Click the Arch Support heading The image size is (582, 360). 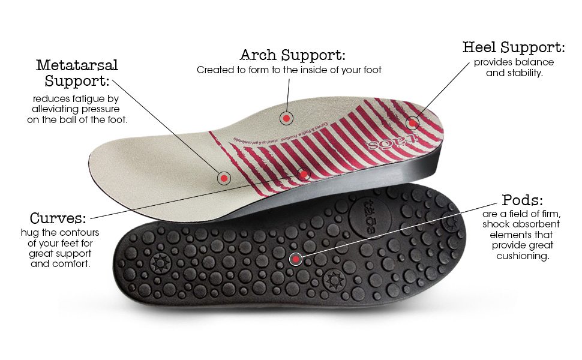coord(292,55)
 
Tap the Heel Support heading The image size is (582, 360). coord(513,47)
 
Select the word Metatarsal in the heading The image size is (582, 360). coord(77,65)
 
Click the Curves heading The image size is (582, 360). coord(58,217)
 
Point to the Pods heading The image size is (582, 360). coord(522,200)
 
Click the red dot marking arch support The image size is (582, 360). coord(287,119)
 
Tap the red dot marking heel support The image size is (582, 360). coord(412,124)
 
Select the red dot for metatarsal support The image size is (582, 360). coord(224,178)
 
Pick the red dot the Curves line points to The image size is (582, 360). coord(304,175)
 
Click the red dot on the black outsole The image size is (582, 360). coord(295,259)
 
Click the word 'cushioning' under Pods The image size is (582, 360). coord(523,256)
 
